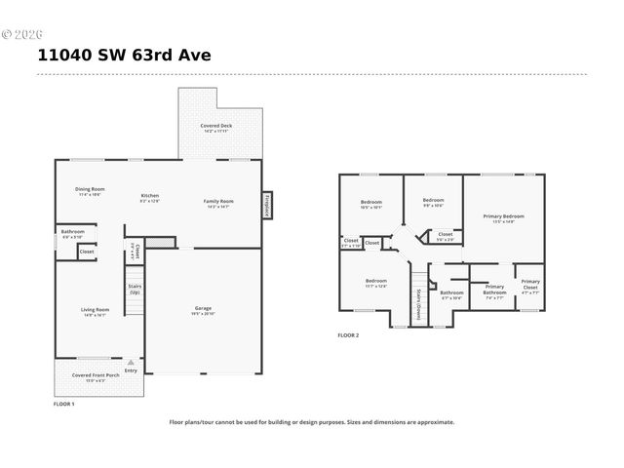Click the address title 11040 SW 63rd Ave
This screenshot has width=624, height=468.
coord(124,56)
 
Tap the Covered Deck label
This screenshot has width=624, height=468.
coord(216,126)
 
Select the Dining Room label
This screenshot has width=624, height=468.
coord(90,189)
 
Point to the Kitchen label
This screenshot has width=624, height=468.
coord(149,195)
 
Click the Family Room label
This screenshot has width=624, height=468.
coord(218,201)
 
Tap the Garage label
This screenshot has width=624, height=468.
coord(203,309)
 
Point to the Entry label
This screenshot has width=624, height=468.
coord(131,370)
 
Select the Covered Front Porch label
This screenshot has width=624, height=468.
coord(96,375)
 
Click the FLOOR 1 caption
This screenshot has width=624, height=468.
coord(63,403)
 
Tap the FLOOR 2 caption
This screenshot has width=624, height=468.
coord(348,335)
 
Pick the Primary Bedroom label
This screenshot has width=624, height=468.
coord(503,216)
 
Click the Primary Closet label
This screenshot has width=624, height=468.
coord(529,285)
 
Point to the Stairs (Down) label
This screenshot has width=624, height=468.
coord(418,304)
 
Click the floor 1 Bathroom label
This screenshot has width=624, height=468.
coord(72,232)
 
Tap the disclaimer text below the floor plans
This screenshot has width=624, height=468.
coord(312,422)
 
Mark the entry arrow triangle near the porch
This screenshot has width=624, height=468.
coord(131,362)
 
